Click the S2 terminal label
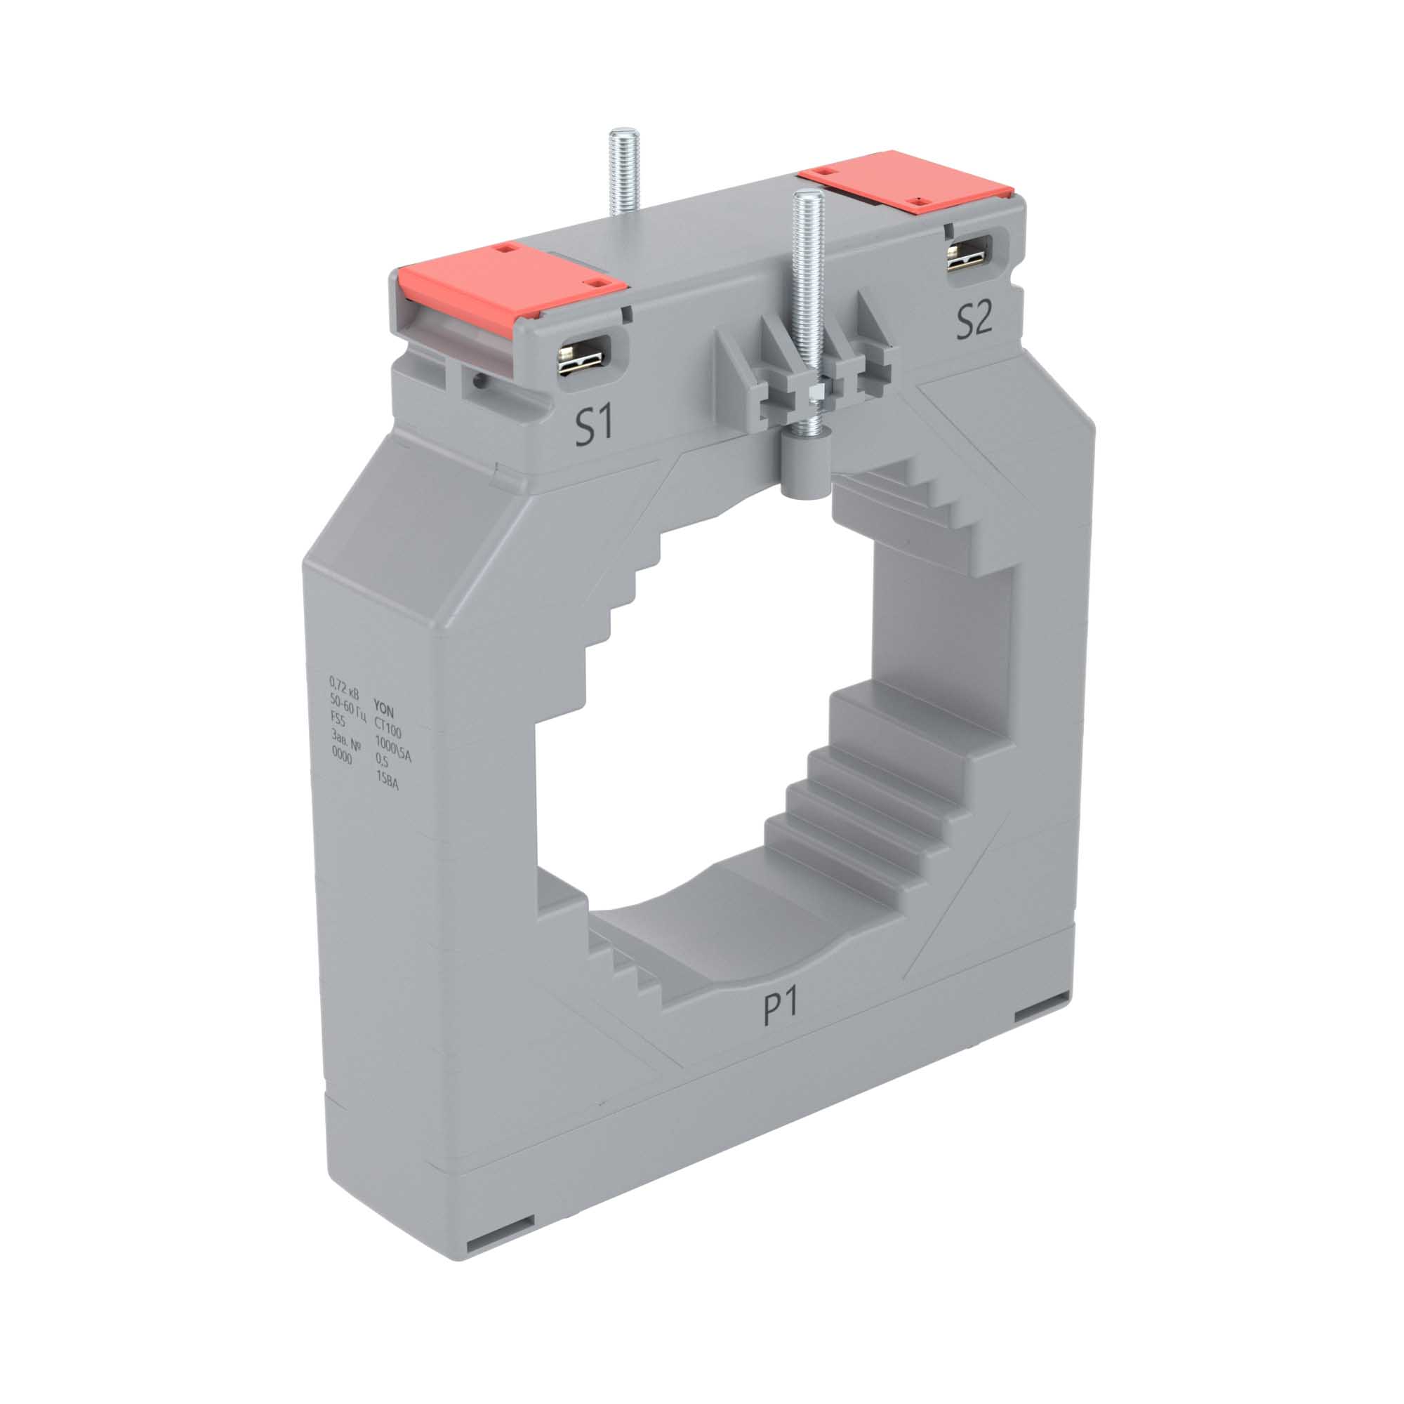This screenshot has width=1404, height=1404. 974,322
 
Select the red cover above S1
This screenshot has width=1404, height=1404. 510,281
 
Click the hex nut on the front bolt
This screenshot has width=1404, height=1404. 814,393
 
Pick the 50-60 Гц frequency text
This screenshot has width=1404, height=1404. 347,702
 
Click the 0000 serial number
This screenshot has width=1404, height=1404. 341,757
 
